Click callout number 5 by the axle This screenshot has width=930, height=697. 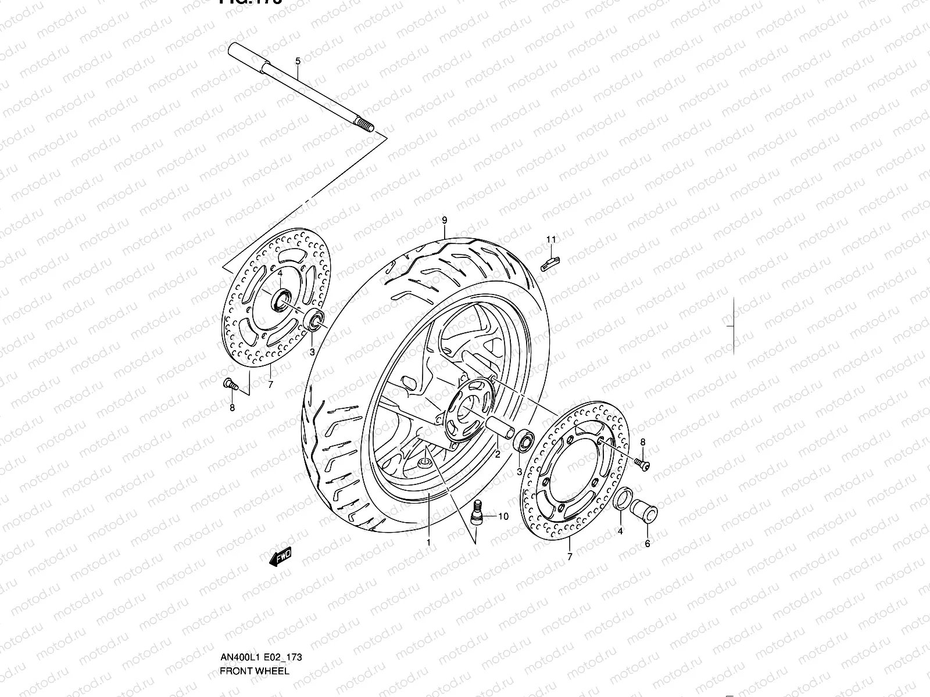click(298, 61)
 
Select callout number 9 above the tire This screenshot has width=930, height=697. click(444, 220)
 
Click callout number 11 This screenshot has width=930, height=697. click(551, 239)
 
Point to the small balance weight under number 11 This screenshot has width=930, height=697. click(549, 264)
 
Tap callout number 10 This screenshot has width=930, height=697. click(503, 516)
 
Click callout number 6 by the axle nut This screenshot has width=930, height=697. click(648, 544)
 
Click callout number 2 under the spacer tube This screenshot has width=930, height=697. click(498, 455)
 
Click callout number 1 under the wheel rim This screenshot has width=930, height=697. click(428, 542)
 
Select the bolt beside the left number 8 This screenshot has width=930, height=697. click(229, 383)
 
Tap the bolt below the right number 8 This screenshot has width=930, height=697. click(642, 463)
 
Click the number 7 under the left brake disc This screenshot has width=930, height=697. click(270, 385)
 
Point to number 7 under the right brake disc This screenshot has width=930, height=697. click(570, 556)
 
